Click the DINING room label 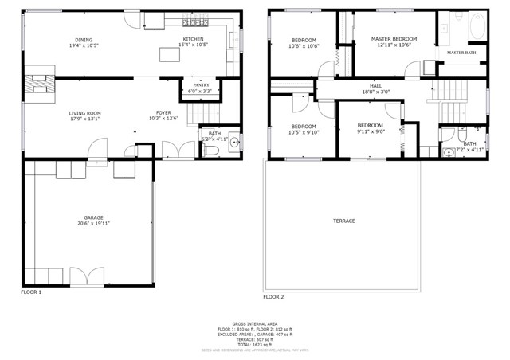pos(84,40)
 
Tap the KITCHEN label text pos(194,39)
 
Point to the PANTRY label pos(201,85)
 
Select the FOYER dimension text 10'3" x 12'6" pos(164,119)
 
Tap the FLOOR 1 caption pos(31,292)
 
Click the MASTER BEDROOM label pos(394,39)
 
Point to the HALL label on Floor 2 pos(375,85)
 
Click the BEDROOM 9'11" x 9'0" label pos(370,126)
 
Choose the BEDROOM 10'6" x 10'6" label pos(304,40)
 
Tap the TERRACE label pos(344,221)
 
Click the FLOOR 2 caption pos(273,296)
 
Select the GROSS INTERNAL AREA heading pos(255,323)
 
